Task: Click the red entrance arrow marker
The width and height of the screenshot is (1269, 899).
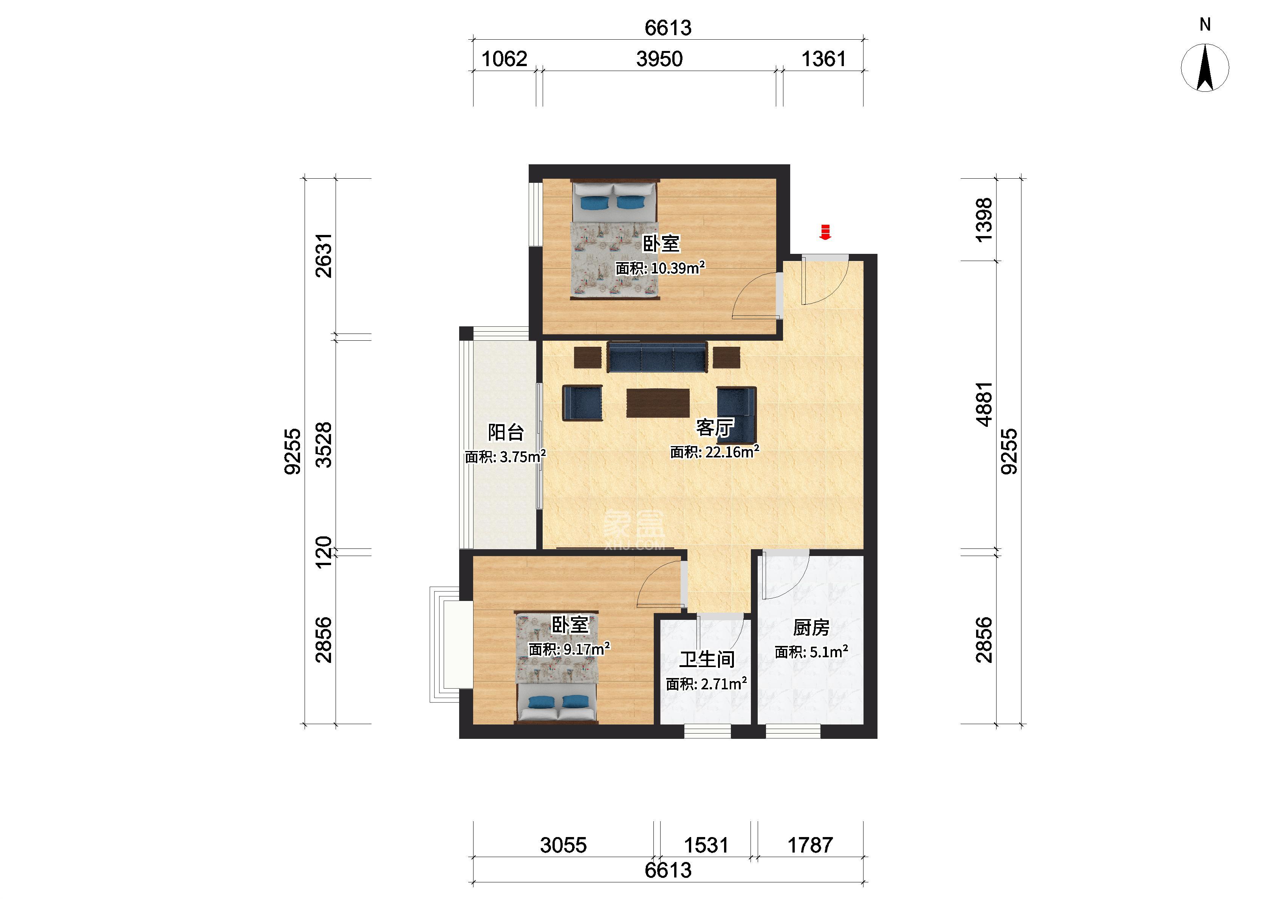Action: point(825,233)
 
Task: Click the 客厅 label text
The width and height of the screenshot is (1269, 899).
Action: point(714,427)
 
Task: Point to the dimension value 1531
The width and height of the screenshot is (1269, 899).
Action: point(706,845)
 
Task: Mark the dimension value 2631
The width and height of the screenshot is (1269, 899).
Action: point(323,255)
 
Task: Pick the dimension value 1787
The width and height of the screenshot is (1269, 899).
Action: point(810,845)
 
